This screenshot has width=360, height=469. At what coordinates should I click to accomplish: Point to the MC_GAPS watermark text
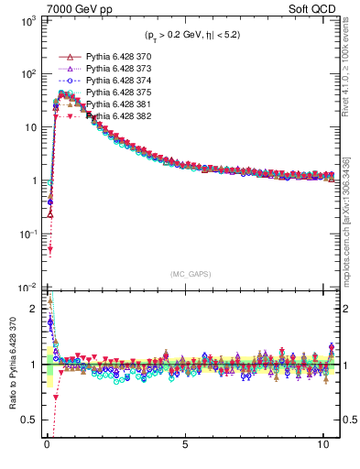click(x=189, y=274)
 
